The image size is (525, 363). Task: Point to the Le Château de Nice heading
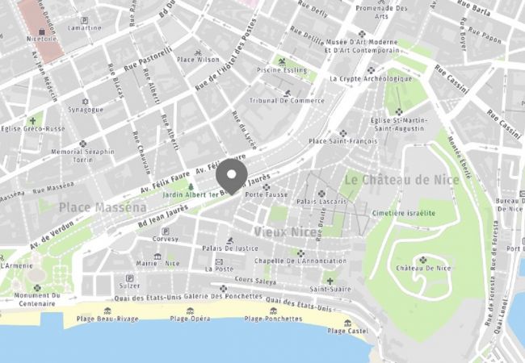[396, 179]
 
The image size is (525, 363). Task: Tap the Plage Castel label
[348, 330]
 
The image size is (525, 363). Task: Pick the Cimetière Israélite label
[403, 213]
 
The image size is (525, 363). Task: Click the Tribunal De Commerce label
[287, 101]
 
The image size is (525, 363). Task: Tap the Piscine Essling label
[282, 70]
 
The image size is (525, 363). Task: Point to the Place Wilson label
[198, 59]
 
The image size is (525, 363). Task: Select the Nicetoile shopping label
[42, 38]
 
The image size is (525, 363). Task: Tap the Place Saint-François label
[341, 141]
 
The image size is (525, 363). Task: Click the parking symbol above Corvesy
[166, 230]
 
